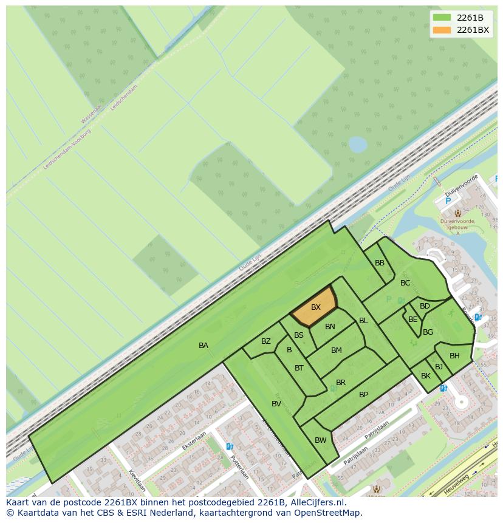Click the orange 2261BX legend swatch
pos(442,30)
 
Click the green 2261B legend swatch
pos(442,18)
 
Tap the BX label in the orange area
pos(315,307)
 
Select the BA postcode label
pos(204,346)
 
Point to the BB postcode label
pos(380,263)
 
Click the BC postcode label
pos(405,283)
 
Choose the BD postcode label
pos(425,306)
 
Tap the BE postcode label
pos(413,320)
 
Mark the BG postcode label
pos(428,332)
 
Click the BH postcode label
pos(454,356)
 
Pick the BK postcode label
pos(426,376)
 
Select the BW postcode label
pos(321,440)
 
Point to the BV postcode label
pos(276,404)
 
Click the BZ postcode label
pos(266,341)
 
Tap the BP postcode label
pos(363,395)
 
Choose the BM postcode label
pos(337,350)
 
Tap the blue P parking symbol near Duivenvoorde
pos(448,201)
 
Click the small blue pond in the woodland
pos(357,145)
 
